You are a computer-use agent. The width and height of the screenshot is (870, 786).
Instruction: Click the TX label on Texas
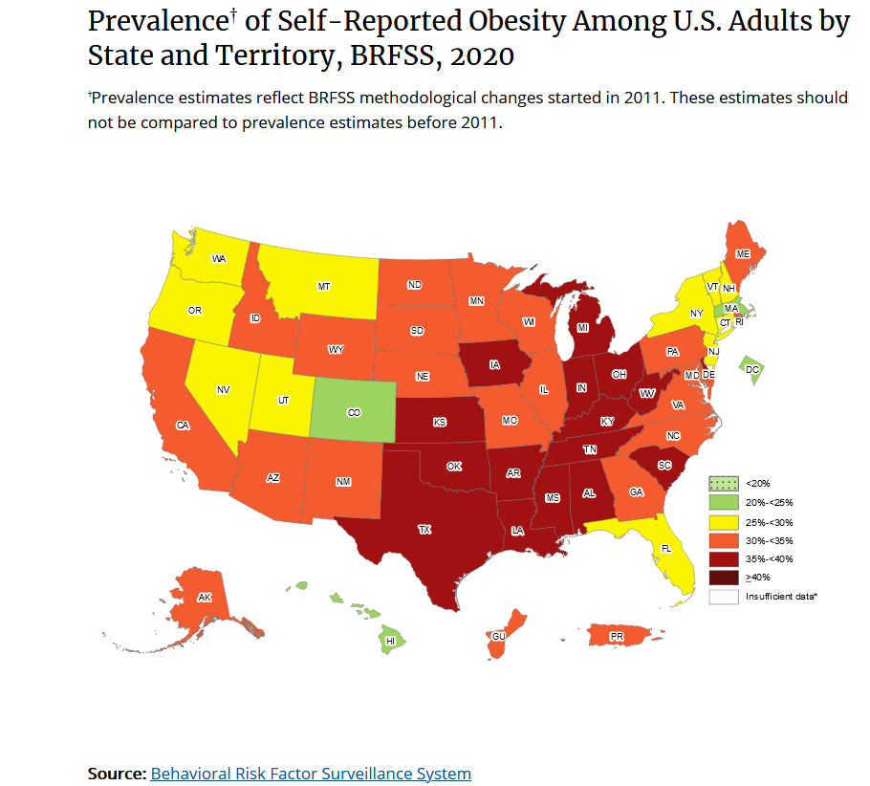tap(424, 529)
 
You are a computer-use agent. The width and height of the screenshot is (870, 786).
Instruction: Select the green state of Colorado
tap(354, 412)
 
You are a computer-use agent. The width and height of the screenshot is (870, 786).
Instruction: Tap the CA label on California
tap(182, 426)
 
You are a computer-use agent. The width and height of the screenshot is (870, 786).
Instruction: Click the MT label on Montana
tap(324, 286)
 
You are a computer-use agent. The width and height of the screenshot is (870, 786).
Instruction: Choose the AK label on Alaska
tap(205, 597)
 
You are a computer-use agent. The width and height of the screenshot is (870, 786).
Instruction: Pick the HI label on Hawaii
tap(390, 642)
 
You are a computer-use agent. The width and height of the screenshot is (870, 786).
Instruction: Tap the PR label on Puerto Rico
tap(617, 636)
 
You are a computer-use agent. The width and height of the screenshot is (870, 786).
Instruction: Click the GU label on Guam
tap(498, 636)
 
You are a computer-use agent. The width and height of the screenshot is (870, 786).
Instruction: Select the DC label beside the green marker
tap(751, 369)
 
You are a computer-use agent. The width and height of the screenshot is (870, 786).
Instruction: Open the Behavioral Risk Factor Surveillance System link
tap(311, 773)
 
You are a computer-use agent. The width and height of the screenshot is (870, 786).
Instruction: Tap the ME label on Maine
tap(742, 254)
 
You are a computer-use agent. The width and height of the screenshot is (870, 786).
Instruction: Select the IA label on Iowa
tap(493, 364)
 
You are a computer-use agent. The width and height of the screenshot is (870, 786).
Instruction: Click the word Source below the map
tap(116, 773)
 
